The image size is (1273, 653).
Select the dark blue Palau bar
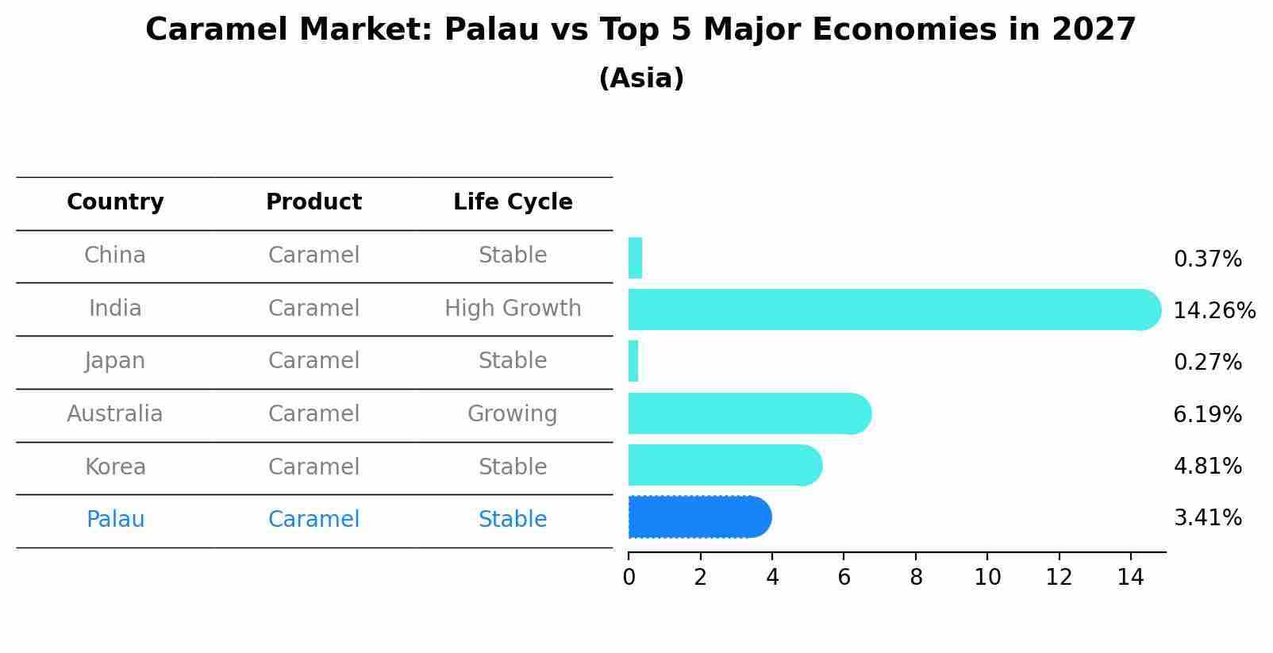[x=698, y=517]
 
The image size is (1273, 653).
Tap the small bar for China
[x=635, y=258]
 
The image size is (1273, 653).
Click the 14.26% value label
[x=1213, y=310]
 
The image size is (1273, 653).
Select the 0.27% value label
[x=1207, y=362]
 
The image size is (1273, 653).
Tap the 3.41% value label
[x=1207, y=518]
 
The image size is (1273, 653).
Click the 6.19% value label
[x=1207, y=414]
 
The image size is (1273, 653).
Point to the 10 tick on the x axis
[x=987, y=578]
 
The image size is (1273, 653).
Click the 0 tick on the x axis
[x=629, y=578]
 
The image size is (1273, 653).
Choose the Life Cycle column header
[x=513, y=202]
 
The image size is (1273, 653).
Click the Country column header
[x=115, y=202]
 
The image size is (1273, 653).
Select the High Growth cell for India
[x=513, y=308]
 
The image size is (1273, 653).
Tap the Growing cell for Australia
[x=512, y=413]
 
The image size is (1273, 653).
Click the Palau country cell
[x=115, y=520]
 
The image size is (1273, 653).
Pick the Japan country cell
[x=115, y=361]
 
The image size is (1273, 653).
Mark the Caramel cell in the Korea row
[x=313, y=467]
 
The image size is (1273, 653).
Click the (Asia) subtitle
[x=641, y=79]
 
